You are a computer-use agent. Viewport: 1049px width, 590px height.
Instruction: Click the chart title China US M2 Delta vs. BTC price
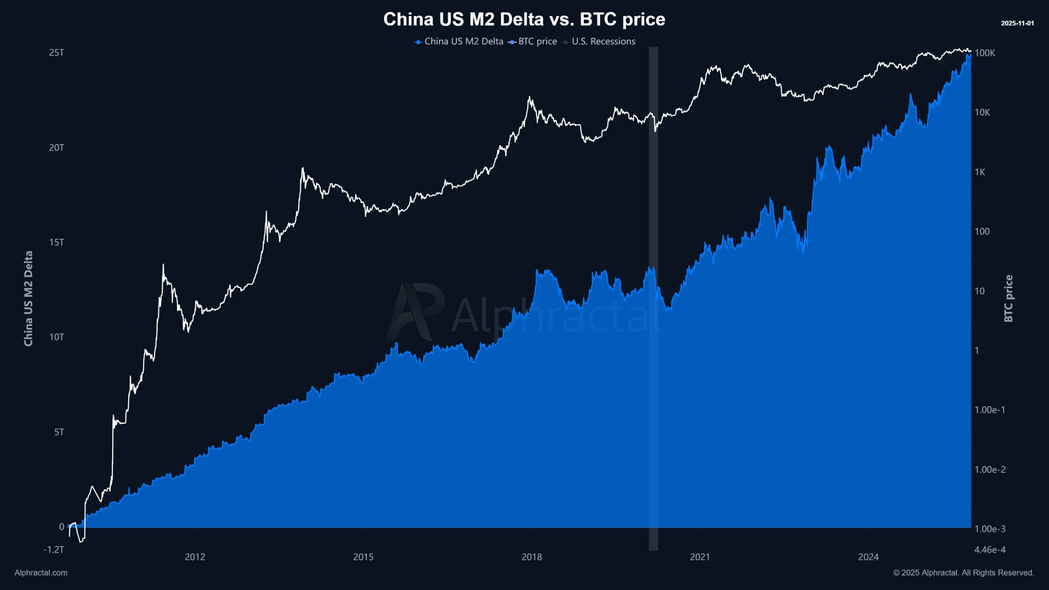tap(524, 19)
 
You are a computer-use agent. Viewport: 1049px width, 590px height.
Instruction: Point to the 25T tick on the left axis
tap(57, 52)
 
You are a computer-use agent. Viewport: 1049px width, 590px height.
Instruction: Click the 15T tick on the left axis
tap(57, 242)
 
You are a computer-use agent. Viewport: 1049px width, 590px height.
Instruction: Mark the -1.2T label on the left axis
tap(54, 549)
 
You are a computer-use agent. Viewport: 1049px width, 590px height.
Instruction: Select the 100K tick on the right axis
tap(985, 53)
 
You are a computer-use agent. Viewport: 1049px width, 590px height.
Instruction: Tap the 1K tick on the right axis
tap(980, 172)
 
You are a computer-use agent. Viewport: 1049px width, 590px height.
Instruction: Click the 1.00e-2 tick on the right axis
tap(990, 470)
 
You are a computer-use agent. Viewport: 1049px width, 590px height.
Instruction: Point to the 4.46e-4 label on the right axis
tap(990, 549)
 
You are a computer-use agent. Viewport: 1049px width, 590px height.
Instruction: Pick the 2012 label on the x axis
tap(195, 557)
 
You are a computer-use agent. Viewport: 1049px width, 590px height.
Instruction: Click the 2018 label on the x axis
tap(532, 557)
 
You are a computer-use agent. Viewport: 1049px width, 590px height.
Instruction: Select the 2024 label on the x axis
tap(869, 557)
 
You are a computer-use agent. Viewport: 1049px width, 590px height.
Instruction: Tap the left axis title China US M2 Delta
tap(28, 299)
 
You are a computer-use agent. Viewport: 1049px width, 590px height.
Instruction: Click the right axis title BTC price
tap(1008, 299)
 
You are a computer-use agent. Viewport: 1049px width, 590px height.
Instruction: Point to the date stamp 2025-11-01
tap(1017, 23)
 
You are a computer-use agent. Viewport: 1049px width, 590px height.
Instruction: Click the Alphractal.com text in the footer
tap(41, 573)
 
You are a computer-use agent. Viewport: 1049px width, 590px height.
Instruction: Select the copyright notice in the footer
tap(964, 573)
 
